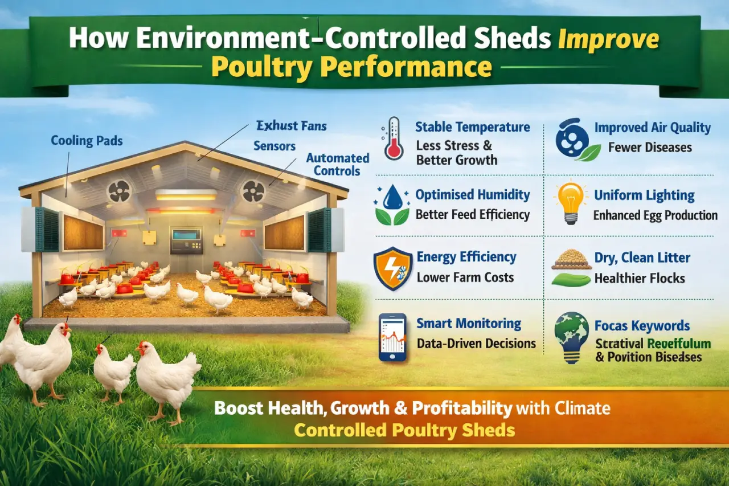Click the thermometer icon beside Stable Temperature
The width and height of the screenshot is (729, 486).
point(394,138)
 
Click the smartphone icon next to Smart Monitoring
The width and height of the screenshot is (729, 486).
point(392,337)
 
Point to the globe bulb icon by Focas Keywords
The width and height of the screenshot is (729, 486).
point(572,336)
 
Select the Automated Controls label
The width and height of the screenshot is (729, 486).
point(337,164)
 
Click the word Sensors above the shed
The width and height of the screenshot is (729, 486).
point(275,146)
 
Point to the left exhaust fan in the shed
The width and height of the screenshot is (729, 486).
point(119,191)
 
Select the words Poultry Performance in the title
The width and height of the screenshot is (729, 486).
point(351,67)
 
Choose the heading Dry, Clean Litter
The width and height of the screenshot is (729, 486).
point(642,258)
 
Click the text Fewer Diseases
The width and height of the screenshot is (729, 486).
point(650,148)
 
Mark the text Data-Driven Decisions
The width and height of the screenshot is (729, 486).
point(476,344)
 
